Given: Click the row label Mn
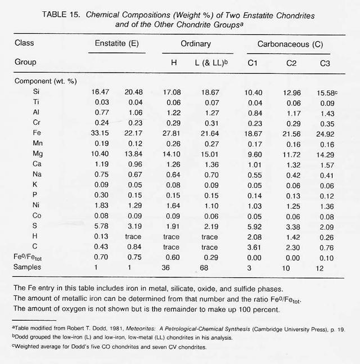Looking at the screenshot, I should (39, 143).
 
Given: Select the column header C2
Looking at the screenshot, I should (291, 63).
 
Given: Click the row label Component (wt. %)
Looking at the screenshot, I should (45, 81).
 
